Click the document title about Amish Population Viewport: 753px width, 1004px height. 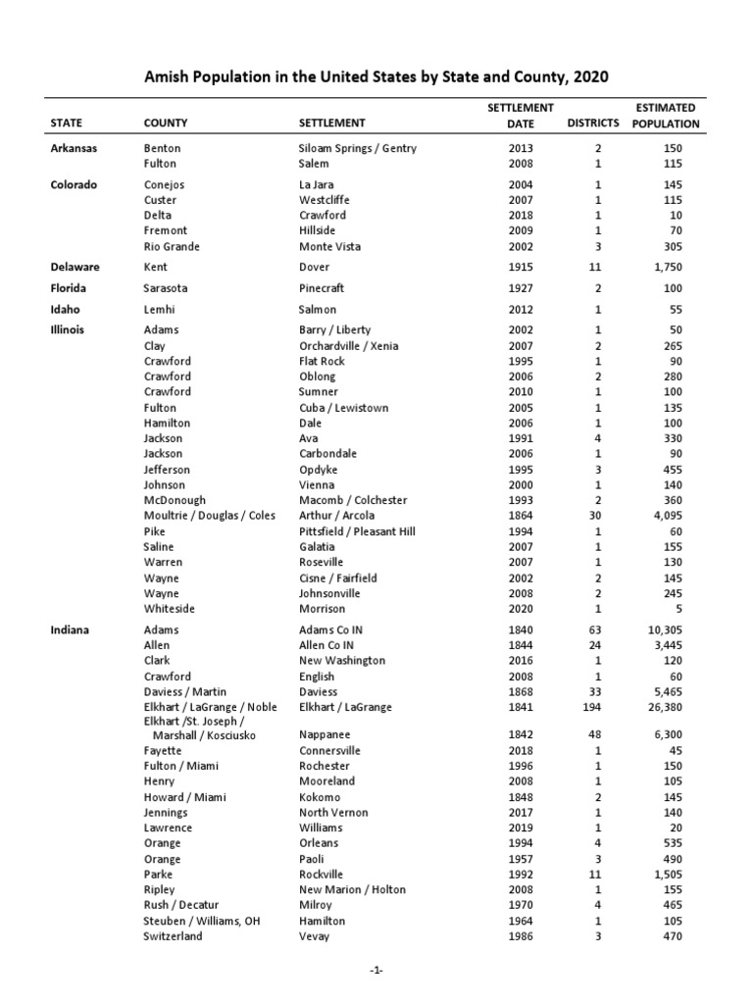tap(376, 75)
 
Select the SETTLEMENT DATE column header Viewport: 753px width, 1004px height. tap(520, 116)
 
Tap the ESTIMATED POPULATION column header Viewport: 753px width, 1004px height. tap(666, 116)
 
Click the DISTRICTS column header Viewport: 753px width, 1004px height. tap(593, 124)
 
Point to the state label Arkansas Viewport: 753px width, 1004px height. tap(75, 148)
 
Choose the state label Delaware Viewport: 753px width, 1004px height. tap(75, 267)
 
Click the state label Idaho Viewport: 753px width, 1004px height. tap(65, 309)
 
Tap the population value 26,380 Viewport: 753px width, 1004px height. tap(678, 707)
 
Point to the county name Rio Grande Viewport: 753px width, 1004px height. tap(172, 246)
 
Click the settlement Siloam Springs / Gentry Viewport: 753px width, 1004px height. tap(358, 148)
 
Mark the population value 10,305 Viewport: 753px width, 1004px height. tap(678, 629)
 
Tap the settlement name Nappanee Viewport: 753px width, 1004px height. tap(325, 733)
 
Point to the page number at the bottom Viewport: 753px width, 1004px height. tap(376, 970)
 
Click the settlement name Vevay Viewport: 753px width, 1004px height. tap(315, 936)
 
